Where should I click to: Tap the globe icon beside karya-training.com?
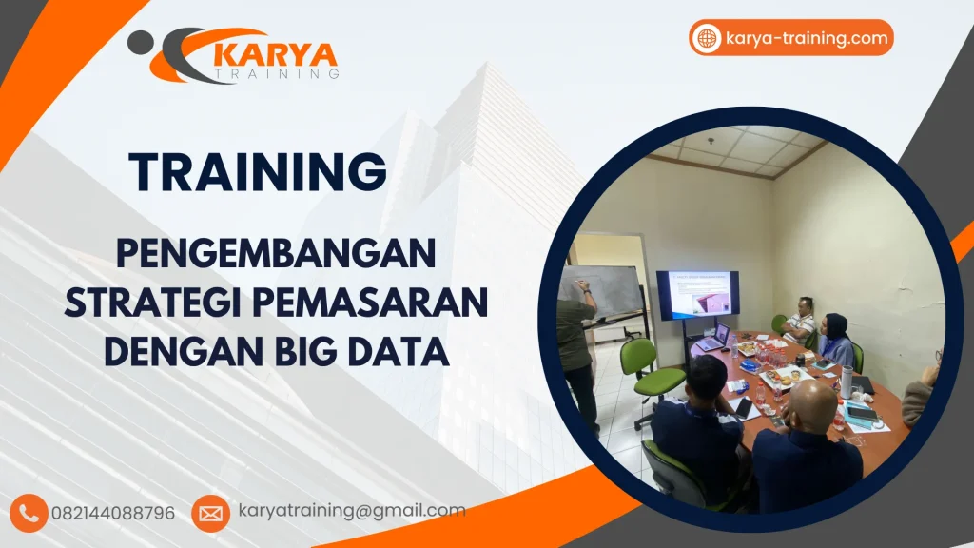707,38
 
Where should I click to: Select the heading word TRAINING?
258,171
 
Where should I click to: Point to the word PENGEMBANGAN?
275,255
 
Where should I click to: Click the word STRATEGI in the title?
151,303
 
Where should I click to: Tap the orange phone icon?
31,513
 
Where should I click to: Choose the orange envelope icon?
210,513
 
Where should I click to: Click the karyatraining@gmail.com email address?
352,511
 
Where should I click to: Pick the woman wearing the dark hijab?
836,338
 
